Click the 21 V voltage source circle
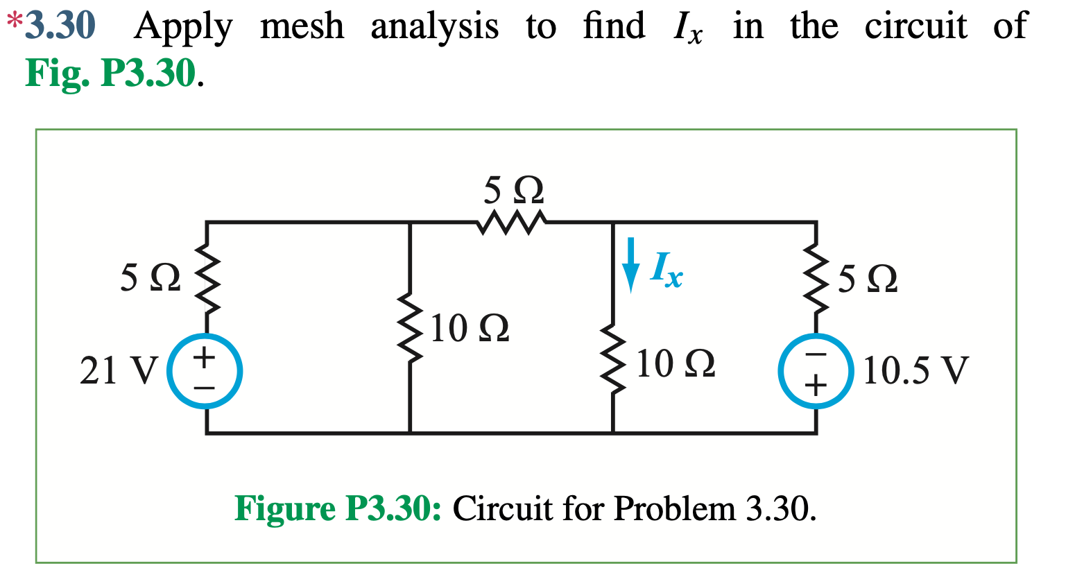point(205,371)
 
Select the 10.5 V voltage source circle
point(815,371)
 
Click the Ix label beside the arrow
point(666,269)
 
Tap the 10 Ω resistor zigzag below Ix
point(613,361)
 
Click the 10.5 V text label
point(914,370)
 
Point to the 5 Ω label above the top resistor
point(513,189)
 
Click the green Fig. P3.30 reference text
point(111,74)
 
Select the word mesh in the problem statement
point(302,26)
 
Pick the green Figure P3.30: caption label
point(338,508)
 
